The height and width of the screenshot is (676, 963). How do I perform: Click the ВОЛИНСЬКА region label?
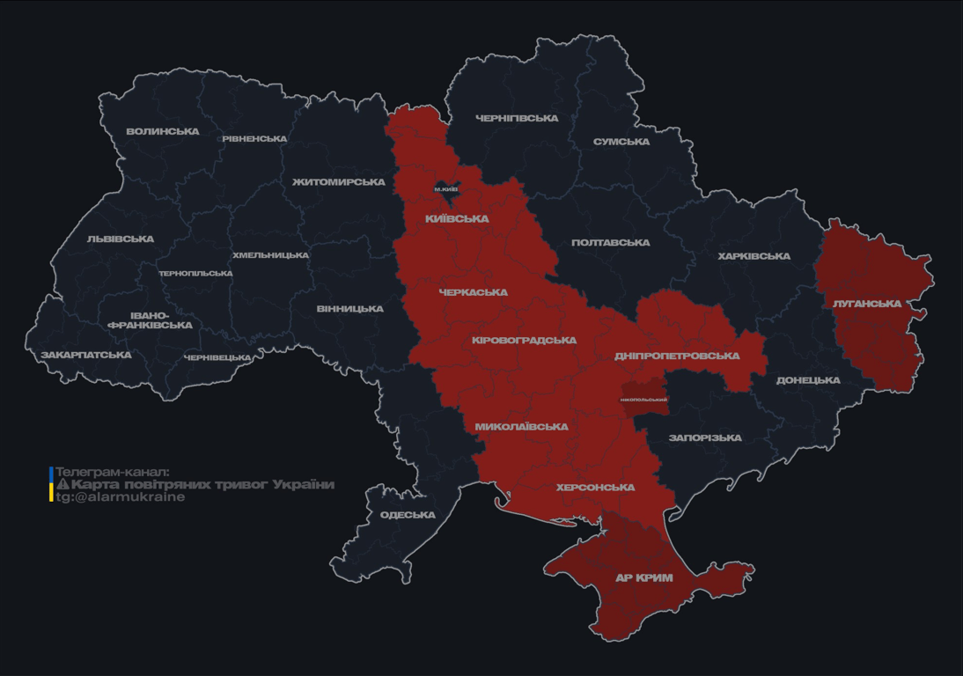point(163,132)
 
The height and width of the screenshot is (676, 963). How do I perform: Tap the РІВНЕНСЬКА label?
point(254,139)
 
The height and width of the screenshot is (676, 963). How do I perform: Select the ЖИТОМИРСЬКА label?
point(339,182)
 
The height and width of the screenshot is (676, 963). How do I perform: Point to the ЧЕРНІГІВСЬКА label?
point(517,119)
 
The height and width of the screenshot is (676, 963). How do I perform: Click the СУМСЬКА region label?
point(621,142)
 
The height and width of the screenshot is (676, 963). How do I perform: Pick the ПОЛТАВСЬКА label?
point(610,243)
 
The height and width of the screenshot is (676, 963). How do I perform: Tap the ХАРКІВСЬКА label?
point(753,257)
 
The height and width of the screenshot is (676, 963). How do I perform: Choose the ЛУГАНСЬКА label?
point(867,304)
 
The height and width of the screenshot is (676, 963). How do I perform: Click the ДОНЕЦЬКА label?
point(808,381)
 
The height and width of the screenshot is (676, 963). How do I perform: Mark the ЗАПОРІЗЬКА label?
point(705,438)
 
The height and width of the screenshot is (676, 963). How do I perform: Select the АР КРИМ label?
point(644,578)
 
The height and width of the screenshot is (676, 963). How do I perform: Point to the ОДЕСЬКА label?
point(408,515)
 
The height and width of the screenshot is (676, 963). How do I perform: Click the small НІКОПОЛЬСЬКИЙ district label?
point(643,400)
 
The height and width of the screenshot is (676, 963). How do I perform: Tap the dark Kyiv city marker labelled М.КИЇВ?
point(446,189)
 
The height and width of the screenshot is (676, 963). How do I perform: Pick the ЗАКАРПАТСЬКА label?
point(86,356)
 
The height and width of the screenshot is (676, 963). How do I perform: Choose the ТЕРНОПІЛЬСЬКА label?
point(195,274)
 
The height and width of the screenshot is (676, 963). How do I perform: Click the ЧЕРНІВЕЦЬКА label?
point(217,358)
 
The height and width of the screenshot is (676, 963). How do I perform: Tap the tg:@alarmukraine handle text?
point(121,497)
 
